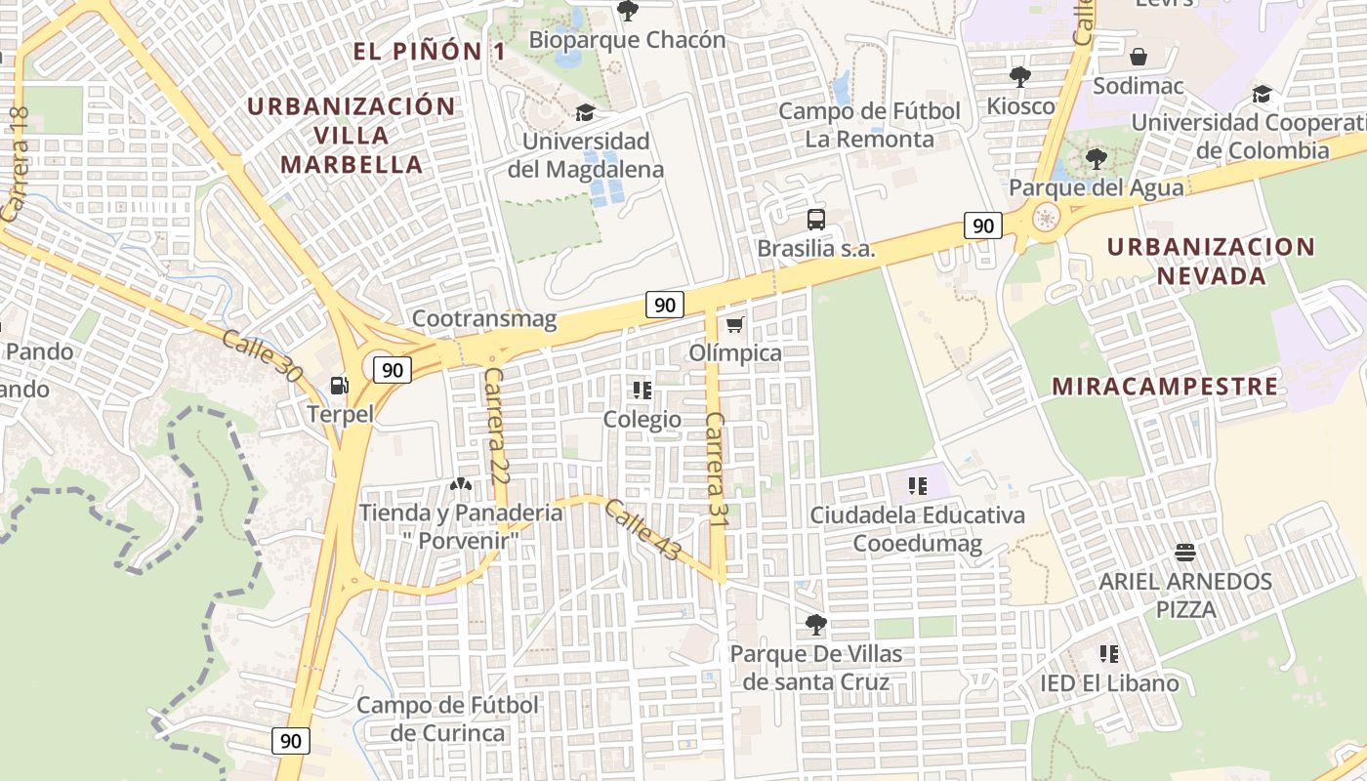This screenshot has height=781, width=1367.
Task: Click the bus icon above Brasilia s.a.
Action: [816, 220]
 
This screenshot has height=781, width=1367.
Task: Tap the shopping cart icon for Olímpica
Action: [735, 324]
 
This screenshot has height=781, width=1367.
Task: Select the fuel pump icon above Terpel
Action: [340, 386]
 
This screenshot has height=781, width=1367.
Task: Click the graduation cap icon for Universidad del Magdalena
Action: [585, 113]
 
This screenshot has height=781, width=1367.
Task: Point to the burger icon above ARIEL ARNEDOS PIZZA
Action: [1185, 554]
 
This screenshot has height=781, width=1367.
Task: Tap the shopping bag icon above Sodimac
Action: [1138, 57]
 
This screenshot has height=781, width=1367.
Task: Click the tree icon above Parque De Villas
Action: [816, 624]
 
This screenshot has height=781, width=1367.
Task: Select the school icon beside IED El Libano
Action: [1108, 654]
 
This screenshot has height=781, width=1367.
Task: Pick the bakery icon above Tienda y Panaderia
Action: [460, 484]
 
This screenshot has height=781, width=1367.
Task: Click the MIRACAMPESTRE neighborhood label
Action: [1164, 387]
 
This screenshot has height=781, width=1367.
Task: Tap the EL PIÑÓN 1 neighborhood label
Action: [430, 52]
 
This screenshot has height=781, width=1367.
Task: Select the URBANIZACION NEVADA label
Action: [1212, 261]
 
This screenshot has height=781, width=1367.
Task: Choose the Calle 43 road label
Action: [642, 530]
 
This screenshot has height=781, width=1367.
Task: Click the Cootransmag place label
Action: [484, 318]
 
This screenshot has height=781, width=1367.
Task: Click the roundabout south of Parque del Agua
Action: [1047, 218]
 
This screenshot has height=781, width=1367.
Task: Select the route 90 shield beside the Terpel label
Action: [392, 370]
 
